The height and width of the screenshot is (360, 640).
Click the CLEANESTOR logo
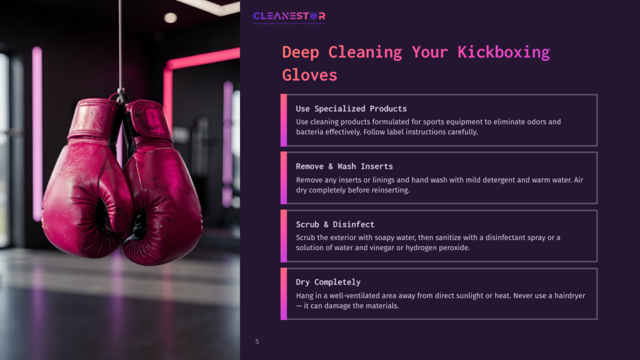(289, 16)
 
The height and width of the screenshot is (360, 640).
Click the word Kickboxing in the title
(503, 52)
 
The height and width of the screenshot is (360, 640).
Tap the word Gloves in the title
(309, 75)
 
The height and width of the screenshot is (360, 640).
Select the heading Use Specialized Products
(351, 109)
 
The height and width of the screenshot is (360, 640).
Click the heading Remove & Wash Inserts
(344, 166)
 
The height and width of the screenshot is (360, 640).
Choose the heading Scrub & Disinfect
(335, 224)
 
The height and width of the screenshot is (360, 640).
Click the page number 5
(257, 342)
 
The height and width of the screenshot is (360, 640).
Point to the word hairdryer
(566, 296)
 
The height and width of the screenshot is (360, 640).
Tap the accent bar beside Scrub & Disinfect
(284, 236)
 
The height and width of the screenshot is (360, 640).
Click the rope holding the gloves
(119, 44)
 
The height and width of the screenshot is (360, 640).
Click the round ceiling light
(170, 17)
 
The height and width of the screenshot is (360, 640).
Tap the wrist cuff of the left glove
(93, 118)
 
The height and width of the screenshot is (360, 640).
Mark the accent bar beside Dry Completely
(284, 294)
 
